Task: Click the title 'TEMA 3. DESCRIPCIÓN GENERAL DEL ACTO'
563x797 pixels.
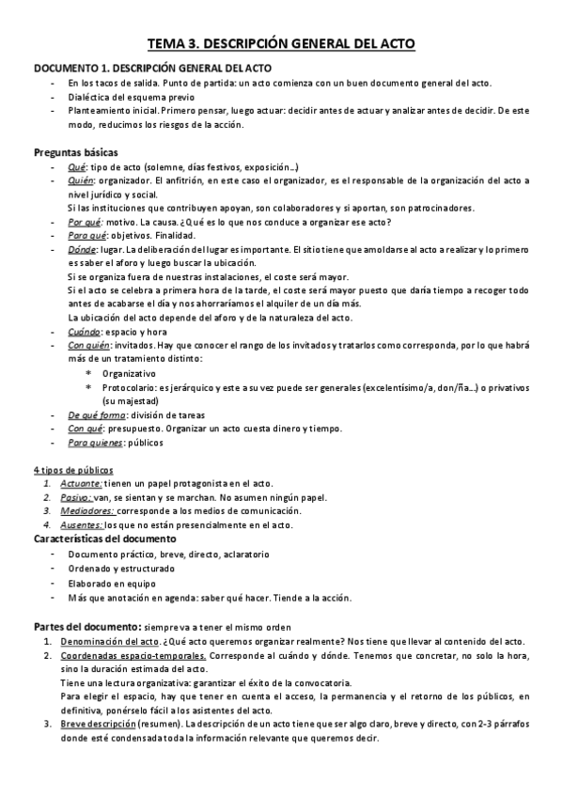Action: [281, 43]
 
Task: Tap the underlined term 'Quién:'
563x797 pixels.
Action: [82, 180]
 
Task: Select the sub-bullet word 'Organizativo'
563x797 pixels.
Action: [130, 373]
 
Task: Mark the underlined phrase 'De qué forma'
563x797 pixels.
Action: [97, 414]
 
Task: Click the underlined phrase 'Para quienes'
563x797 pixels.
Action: [97, 442]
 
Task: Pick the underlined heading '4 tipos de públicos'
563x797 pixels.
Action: [73, 470]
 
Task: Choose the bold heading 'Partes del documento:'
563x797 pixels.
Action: [86, 626]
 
